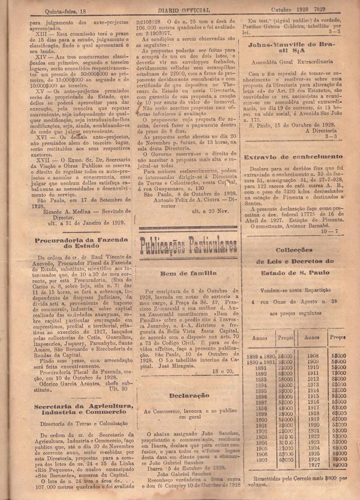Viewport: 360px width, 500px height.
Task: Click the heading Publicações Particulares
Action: pyautogui.click(x=188, y=246)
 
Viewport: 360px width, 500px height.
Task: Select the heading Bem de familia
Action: pyautogui.click(x=188, y=273)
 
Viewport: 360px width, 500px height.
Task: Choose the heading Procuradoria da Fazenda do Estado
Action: pyautogui.click(x=81, y=243)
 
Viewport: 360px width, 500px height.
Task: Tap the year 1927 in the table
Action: pyautogui.click(x=313, y=465)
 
